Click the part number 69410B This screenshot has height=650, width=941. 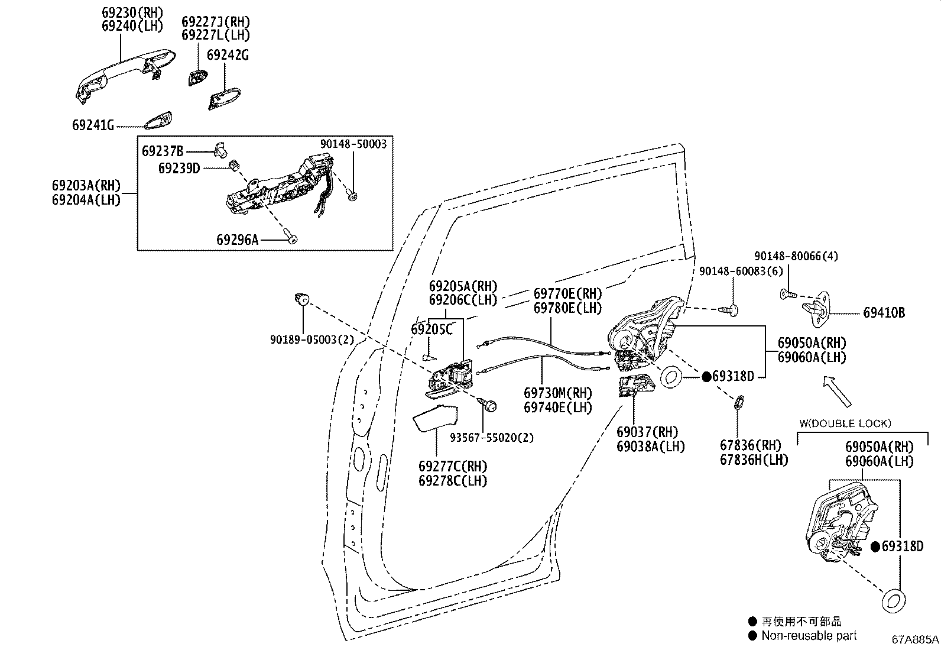pyautogui.click(x=884, y=313)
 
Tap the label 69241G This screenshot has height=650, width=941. pyautogui.click(x=93, y=125)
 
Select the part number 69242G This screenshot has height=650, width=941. pyautogui.click(x=228, y=55)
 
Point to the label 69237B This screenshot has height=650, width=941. pyautogui.click(x=163, y=151)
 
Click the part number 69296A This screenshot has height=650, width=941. pyautogui.click(x=238, y=240)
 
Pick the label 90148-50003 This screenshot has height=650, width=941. pyautogui.click(x=353, y=144)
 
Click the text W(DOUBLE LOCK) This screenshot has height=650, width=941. pyautogui.click(x=845, y=423)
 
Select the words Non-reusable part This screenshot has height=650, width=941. pyautogui.click(x=809, y=636)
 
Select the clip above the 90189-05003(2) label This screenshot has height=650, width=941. pyautogui.click(x=302, y=300)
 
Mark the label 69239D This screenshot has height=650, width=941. pyautogui.click(x=179, y=168)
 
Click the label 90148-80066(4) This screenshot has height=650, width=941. pyautogui.click(x=796, y=256)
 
